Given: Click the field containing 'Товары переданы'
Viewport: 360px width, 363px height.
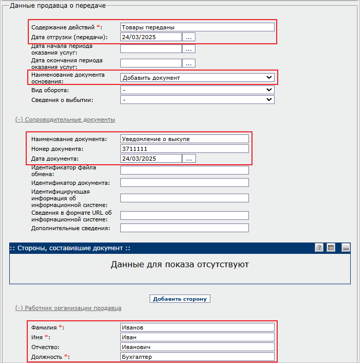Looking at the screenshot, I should point(197,27).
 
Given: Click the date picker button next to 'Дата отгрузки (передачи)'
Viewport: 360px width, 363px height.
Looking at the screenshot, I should point(189,37).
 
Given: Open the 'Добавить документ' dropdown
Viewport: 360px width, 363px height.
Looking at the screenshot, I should point(197,78).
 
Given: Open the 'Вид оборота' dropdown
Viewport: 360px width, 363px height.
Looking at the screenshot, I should point(197,90).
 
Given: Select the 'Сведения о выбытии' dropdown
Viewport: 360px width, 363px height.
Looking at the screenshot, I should point(197,100).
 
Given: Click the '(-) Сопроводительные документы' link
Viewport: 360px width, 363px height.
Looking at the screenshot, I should point(65,119).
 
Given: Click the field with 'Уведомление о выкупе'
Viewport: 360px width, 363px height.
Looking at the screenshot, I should point(184,139).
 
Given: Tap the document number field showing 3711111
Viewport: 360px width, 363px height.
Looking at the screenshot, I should point(184,149).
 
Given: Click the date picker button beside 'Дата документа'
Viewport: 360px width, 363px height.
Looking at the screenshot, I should point(189,159).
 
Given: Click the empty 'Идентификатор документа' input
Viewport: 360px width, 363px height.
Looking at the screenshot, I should point(184,183).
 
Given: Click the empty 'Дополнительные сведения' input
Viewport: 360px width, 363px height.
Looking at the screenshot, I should point(184,228).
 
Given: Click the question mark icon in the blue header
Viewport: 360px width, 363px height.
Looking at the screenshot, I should point(319,248).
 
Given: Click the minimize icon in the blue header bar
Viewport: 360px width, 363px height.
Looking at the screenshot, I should point(346,248).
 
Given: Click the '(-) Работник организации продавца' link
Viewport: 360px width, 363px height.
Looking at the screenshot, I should point(68,308).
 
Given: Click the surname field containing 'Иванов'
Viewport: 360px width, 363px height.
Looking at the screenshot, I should point(197,327).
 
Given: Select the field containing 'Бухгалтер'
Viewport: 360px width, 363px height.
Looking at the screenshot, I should point(197,357).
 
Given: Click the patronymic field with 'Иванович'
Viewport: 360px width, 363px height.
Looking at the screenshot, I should point(197,347).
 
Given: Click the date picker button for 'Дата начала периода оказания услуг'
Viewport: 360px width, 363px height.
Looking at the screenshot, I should point(189,49).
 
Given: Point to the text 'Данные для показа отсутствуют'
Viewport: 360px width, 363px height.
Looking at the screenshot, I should point(180,265).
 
